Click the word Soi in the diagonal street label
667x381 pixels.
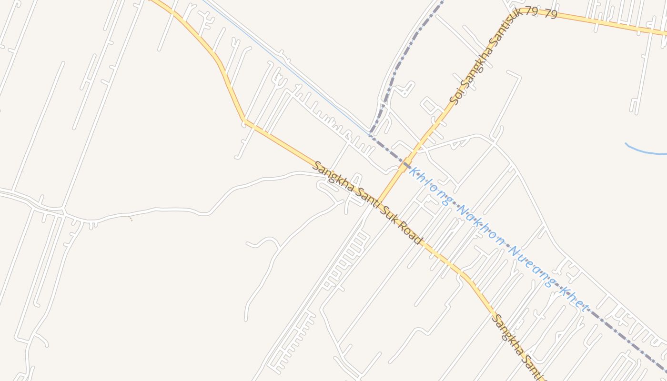coord(456,98)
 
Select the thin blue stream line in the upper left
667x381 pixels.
coord(286,67)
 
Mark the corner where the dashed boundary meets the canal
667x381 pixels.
coord(371,134)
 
